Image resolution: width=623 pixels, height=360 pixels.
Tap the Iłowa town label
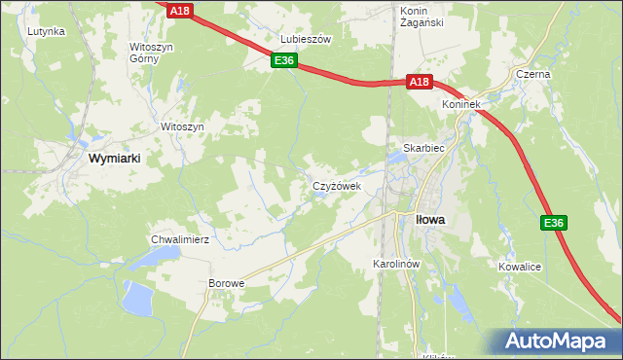429,220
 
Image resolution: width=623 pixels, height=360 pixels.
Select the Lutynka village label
46,31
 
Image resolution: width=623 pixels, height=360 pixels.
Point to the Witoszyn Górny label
150,52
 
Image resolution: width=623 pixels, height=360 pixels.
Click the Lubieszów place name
307,39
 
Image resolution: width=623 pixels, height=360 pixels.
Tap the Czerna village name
533,74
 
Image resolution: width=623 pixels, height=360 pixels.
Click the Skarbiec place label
418,149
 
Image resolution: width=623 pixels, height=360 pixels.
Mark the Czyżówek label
336,185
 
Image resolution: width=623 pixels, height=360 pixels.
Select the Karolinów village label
396,265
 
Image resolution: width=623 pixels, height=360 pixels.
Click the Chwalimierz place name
180,238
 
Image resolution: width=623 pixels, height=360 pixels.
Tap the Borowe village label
226,283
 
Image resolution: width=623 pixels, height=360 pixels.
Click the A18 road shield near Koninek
418,83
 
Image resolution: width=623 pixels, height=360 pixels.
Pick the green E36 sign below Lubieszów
283,60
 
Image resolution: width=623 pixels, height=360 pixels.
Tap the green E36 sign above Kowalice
554,224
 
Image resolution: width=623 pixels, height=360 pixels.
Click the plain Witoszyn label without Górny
181,127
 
